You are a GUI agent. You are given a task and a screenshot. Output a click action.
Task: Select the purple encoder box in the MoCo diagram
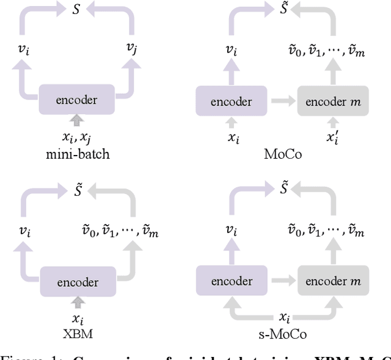pyautogui.click(x=232, y=101)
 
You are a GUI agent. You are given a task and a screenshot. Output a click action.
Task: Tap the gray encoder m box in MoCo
pyautogui.click(x=333, y=101)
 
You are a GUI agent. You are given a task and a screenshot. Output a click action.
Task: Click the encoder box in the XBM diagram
pyautogui.click(x=78, y=282)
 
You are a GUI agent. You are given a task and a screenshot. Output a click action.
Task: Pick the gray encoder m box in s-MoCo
pyautogui.click(x=333, y=281)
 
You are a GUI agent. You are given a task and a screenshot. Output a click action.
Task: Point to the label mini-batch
pyautogui.click(x=78, y=154)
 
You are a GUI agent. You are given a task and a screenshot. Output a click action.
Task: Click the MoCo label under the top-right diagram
pyautogui.click(x=283, y=154)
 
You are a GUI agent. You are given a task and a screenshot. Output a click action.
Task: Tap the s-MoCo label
pyautogui.click(x=283, y=334)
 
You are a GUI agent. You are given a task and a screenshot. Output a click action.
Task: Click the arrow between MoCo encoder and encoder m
pyautogui.click(x=282, y=101)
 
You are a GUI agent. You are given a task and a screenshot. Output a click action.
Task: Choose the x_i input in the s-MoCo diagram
pyautogui.click(x=283, y=317)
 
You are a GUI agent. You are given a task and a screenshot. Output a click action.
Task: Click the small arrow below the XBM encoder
pyautogui.click(x=78, y=301)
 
